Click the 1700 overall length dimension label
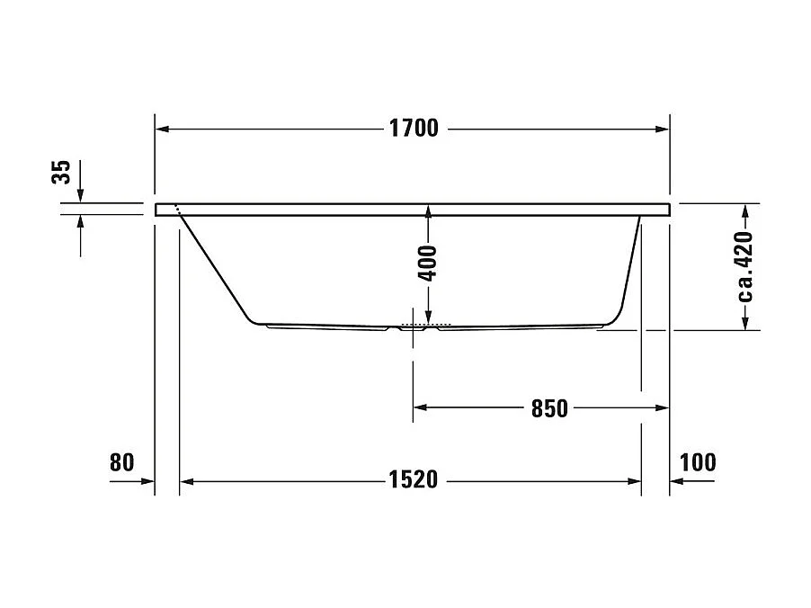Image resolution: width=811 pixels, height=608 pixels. pos(414,129)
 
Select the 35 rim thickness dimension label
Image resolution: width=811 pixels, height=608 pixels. pos(61,173)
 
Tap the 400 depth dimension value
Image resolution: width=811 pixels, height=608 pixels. pos(429,264)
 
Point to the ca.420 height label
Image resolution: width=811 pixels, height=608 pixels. pos(744,266)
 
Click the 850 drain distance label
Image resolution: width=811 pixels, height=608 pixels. pos(549,408)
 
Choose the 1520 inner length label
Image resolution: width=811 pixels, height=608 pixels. pos(414,480)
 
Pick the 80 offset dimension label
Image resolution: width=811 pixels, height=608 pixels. pos(121,462)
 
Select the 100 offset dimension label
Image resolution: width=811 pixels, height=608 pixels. pos(699,462)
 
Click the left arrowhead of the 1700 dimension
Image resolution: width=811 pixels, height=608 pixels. pos(163,129)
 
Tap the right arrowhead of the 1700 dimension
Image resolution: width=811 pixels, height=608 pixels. pos(662,129)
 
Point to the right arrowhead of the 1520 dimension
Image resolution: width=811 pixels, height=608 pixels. pos(634,481)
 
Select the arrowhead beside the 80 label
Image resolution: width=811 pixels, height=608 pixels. pos(147,481)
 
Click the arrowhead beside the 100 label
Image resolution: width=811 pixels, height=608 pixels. pos(678,481)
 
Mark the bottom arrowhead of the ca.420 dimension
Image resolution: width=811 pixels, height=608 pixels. pos(745,322)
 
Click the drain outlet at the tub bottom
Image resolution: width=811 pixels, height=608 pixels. pos(414,327)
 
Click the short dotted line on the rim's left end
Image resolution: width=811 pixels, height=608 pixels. pos(179,210)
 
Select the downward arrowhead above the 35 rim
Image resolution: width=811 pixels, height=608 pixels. pos(81,196)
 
